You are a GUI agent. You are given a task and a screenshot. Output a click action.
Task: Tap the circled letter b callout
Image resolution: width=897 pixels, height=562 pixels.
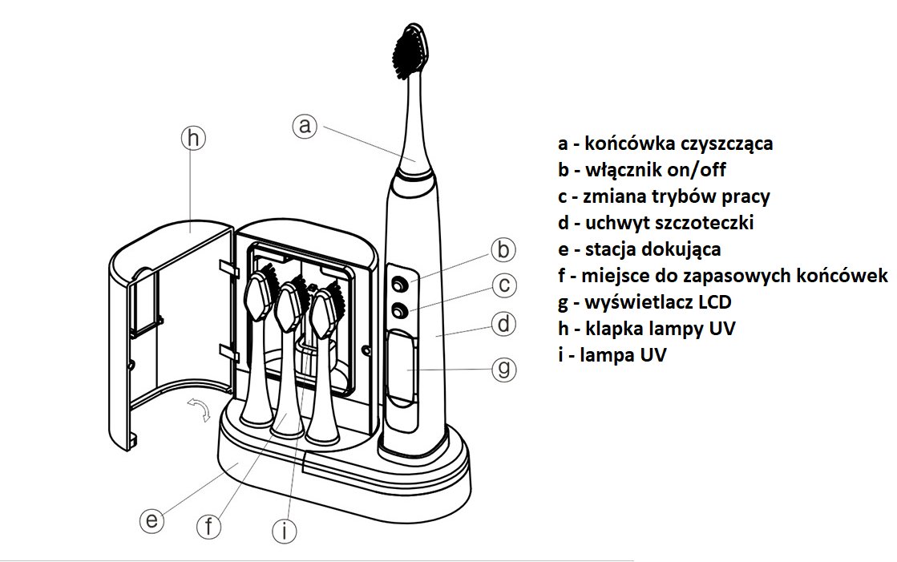[x=503, y=249]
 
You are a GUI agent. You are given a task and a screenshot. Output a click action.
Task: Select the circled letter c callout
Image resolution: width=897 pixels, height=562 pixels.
[x=503, y=285]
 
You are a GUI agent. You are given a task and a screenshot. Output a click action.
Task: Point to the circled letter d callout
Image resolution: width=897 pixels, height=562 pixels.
[x=503, y=325]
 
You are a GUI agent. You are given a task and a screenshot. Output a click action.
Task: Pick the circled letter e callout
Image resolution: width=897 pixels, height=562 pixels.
[x=151, y=520]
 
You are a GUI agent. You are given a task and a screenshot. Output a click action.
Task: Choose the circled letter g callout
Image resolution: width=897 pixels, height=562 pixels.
[x=503, y=368]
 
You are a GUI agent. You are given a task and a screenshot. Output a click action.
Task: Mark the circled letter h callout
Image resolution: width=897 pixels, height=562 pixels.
[x=192, y=138]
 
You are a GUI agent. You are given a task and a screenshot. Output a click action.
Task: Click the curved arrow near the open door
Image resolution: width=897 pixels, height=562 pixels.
[x=199, y=408]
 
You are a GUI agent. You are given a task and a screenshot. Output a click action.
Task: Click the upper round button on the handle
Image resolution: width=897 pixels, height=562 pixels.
[x=398, y=283]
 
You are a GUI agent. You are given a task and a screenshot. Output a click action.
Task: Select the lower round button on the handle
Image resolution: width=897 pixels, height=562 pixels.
[x=398, y=311]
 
